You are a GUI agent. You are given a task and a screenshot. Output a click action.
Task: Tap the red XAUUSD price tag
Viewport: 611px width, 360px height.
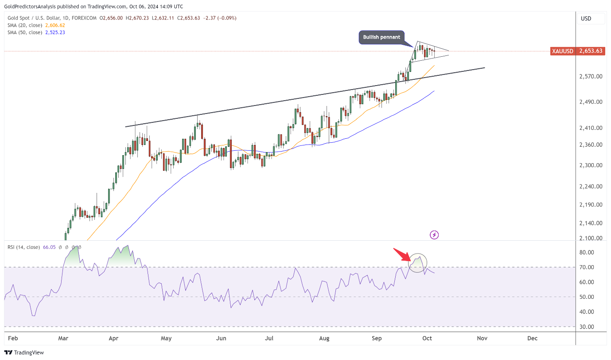577,51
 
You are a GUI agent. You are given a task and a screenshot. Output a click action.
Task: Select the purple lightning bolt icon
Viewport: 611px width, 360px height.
434,235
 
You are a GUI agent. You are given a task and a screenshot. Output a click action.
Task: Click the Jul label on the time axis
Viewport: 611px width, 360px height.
269,338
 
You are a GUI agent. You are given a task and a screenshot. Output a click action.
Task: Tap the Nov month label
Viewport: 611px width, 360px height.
482,338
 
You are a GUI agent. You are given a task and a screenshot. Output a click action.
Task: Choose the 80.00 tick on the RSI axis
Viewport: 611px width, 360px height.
587,253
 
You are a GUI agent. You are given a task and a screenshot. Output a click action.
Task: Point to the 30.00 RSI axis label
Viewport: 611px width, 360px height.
587,327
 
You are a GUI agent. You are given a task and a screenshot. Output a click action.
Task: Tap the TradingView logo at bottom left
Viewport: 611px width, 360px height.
25,352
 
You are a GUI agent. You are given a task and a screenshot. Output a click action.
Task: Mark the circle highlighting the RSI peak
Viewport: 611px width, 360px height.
417,263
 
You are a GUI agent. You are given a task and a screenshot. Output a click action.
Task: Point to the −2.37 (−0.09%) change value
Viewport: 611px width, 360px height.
220,18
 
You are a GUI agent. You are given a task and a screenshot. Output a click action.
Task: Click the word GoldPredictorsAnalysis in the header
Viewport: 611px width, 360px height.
33,7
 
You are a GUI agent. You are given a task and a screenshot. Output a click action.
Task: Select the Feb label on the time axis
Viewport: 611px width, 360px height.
13,338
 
